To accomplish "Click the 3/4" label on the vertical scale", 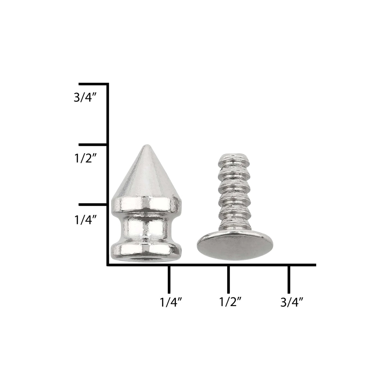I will (85, 97).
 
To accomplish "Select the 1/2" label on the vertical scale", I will (85, 158).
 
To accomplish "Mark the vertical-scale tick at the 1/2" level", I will (93, 145).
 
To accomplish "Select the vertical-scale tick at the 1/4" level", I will (93, 204).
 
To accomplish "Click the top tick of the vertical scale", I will (93, 84).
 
